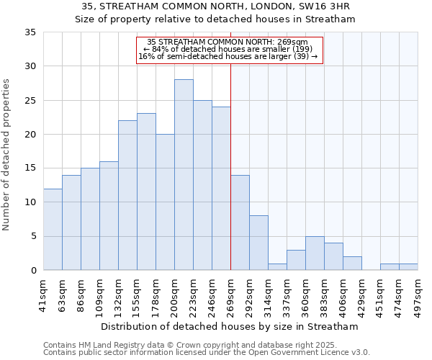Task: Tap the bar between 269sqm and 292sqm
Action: (240, 222)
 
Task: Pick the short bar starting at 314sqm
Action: (277, 266)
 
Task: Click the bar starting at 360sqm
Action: (315, 253)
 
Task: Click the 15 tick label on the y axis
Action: (30, 168)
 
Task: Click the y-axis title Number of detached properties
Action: (7, 155)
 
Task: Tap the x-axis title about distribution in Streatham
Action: (229, 326)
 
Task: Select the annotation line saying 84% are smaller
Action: (228, 49)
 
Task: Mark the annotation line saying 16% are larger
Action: (228, 56)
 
